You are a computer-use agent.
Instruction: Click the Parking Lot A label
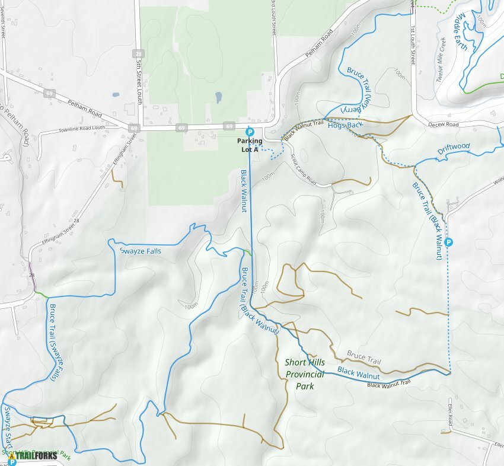248,145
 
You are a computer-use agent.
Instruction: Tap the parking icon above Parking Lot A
249,132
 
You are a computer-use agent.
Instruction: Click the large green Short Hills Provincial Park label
305,374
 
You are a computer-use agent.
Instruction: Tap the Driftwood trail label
454,148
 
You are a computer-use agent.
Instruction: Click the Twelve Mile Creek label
442,60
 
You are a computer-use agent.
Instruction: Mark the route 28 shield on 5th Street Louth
138,53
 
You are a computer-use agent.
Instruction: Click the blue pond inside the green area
218,97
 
